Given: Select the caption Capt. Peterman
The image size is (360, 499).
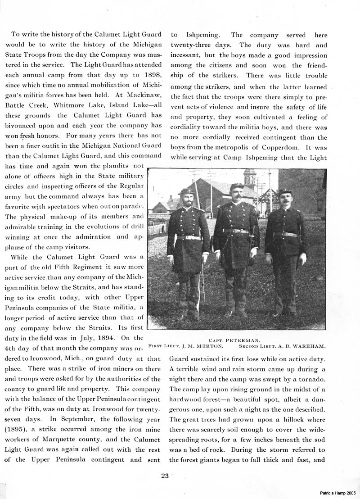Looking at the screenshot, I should click(236, 340).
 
